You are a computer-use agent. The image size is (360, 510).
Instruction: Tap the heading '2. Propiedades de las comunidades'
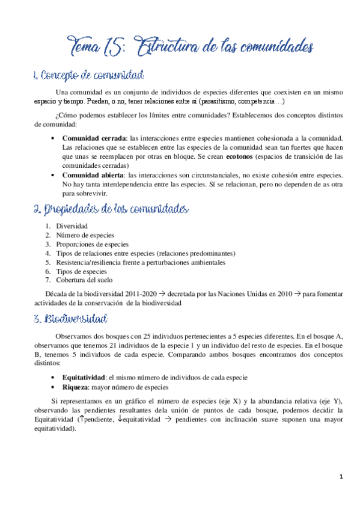111,209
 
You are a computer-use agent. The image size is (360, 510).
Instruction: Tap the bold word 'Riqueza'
76,387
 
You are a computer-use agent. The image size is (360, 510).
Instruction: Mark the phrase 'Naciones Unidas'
248,294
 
